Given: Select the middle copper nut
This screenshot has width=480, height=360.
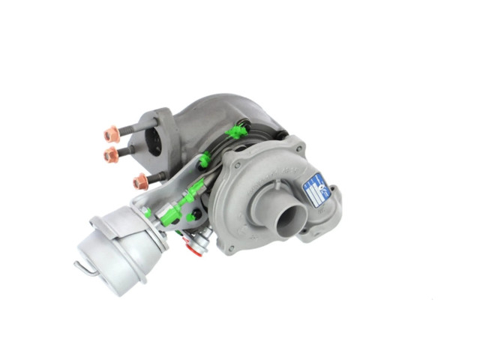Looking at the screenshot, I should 112,154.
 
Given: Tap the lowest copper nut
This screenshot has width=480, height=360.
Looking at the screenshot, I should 140,181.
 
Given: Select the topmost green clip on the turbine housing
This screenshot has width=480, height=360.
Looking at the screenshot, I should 238,133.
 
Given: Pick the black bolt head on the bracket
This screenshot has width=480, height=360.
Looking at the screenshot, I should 197,215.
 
